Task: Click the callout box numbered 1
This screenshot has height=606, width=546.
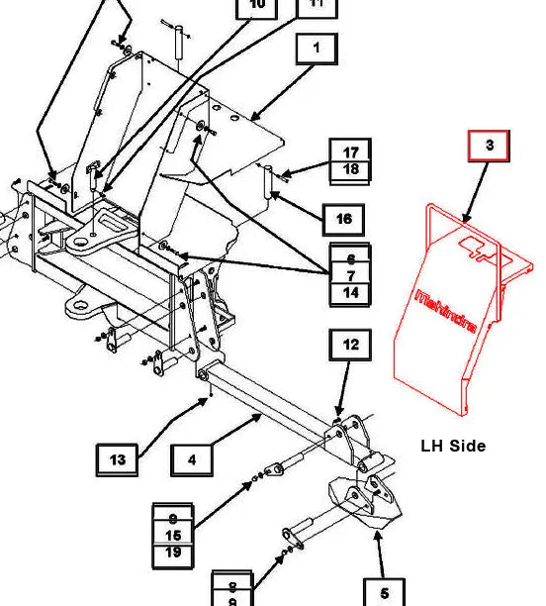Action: tap(316, 48)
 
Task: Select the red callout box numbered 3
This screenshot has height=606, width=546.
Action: tap(489, 145)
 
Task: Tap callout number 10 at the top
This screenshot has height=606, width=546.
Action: tap(257, 6)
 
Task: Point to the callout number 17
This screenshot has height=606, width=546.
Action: tap(350, 152)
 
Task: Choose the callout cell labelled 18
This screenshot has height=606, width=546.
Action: tap(350, 170)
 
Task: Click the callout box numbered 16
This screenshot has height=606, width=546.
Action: tap(343, 219)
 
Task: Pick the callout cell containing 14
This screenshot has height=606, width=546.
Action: tap(350, 293)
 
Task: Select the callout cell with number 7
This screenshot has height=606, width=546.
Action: tap(350, 274)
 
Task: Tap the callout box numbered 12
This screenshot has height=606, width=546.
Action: tap(350, 345)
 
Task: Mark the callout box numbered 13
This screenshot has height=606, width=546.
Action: tap(117, 459)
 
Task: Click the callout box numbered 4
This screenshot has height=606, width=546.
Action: tap(192, 459)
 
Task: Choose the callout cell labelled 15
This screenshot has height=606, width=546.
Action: tap(173, 535)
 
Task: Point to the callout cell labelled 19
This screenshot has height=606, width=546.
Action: tap(173, 553)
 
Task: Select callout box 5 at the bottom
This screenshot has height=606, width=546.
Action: tap(384, 592)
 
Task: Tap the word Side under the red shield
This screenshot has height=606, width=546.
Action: tap(468, 446)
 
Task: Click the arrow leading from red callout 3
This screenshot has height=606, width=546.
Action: tap(474, 193)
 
